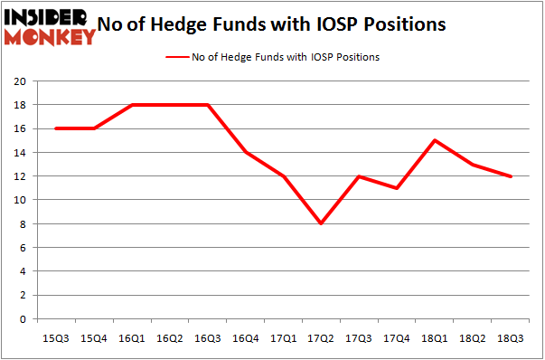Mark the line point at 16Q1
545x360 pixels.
pos(133,104)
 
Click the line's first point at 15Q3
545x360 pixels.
pos(57,128)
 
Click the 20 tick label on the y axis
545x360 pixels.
pos(19,81)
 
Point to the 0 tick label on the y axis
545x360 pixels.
pos(23,319)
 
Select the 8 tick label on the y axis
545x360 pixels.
pos(23,223)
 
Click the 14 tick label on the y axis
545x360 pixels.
pos(19,152)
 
